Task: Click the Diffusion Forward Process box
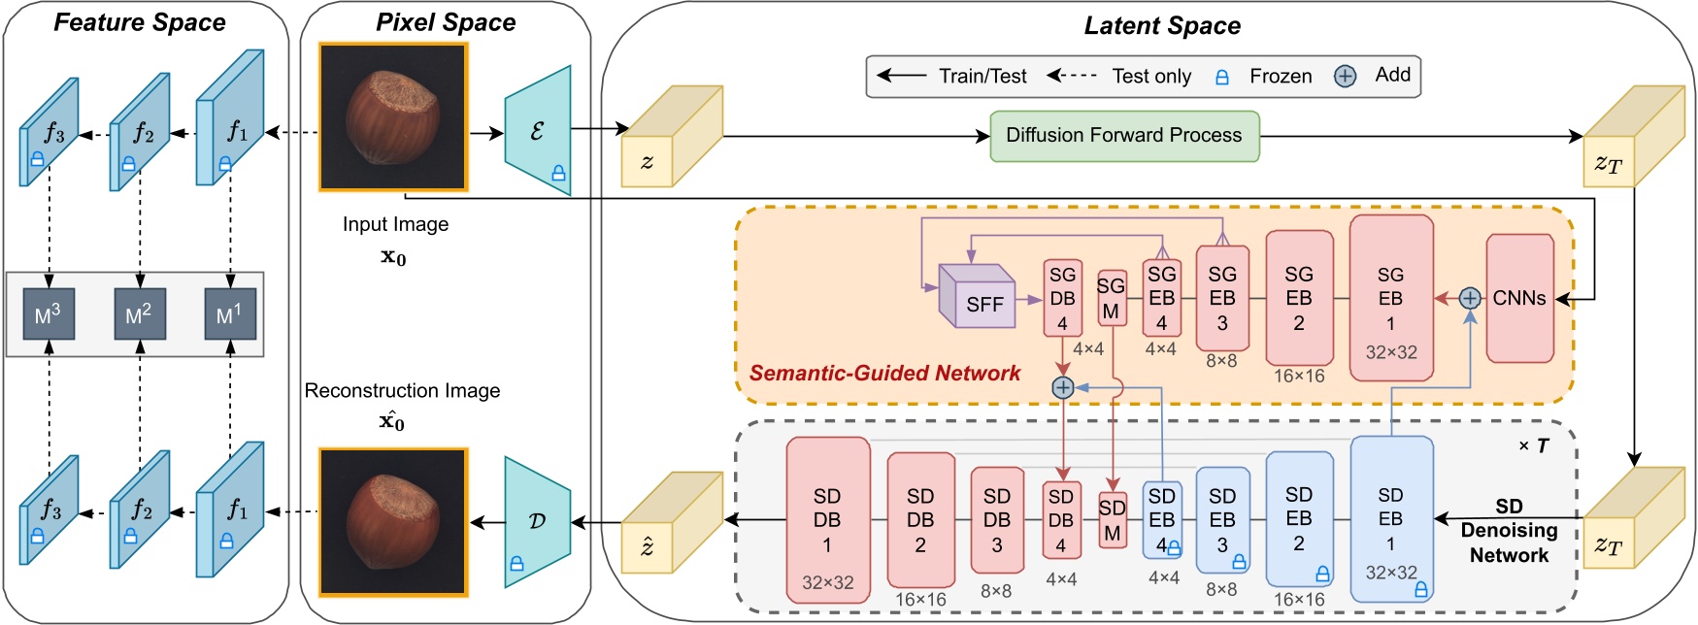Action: click(x=1124, y=136)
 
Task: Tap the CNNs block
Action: click(x=1519, y=299)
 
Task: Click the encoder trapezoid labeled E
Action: click(x=538, y=131)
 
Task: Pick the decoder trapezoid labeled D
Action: click(x=538, y=522)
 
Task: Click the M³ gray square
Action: click(x=49, y=314)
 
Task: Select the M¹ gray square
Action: click(x=229, y=314)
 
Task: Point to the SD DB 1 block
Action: click(x=827, y=520)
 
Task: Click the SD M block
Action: click(x=1112, y=520)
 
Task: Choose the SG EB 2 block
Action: click(x=1299, y=298)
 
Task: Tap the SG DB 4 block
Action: click(x=1062, y=298)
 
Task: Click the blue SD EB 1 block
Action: click(x=1391, y=519)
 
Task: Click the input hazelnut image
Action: click(x=393, y=116)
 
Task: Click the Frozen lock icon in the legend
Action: click(x=1222, y=77)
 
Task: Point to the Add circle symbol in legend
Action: click(x=1345, y=77)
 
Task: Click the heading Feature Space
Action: click(x=140, y=22)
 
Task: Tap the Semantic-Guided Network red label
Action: click(x=884, y=374)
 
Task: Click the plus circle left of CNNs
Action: click(x=1470, y=299)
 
